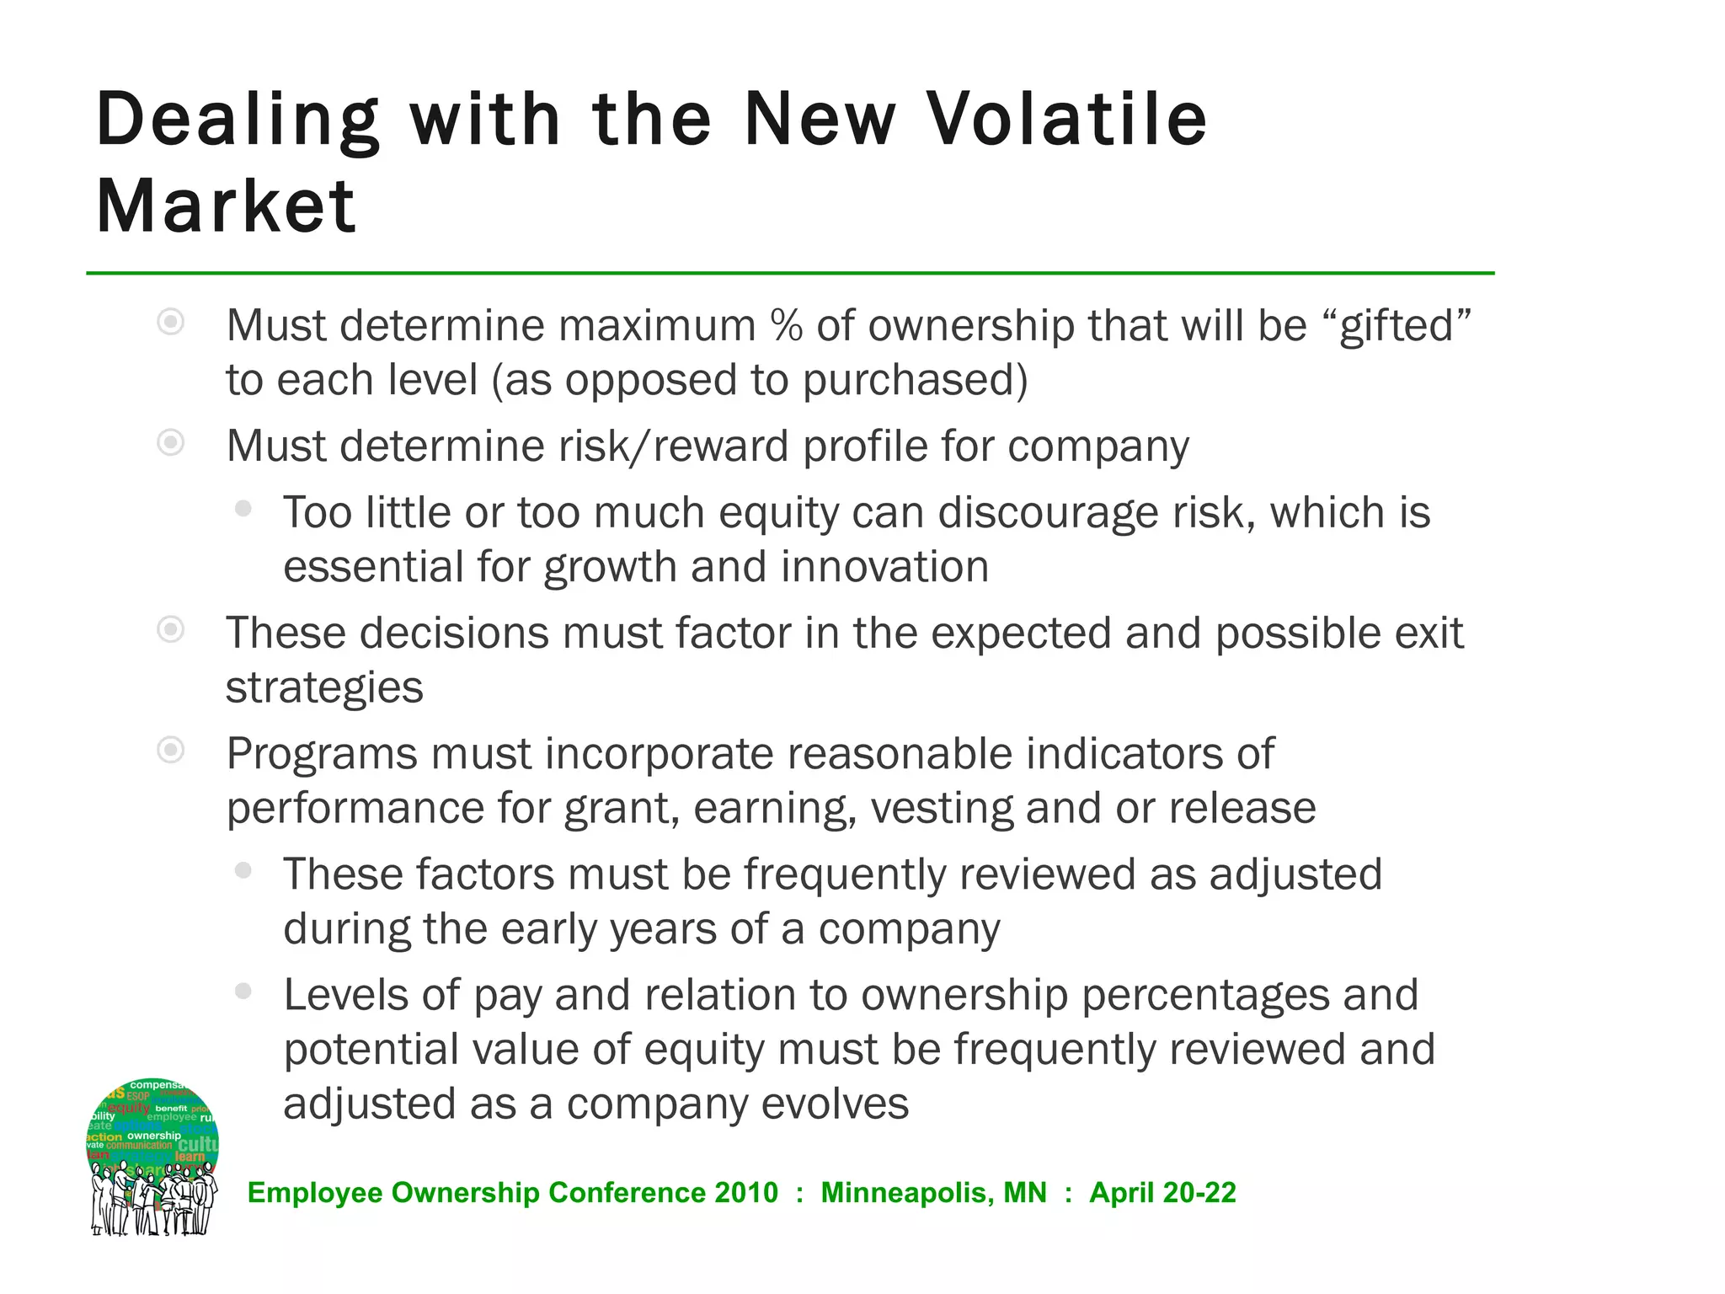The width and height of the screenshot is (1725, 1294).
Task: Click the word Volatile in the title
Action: [x=1067, y=120]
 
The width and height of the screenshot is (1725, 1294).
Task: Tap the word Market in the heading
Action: [x=226, y=206]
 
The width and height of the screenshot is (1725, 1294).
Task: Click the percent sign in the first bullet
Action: [x=785, y=326]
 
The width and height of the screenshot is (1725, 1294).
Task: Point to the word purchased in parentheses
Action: [x=910, y=381]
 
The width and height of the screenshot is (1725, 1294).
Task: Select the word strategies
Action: [x=324, y=688]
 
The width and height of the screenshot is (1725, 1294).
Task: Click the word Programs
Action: [x=321, y=755]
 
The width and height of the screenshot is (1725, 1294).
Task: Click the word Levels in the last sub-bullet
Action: [x=346, y=996]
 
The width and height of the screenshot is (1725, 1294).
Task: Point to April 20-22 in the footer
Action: [x=1162, y=1193]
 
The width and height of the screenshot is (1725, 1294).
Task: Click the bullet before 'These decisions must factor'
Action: [x=171, y=629]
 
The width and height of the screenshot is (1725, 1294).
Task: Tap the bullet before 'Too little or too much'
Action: [x=243, y=509]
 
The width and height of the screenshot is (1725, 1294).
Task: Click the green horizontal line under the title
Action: [x=790, y=273]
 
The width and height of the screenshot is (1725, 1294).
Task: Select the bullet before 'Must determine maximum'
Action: [x=171, y=322]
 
